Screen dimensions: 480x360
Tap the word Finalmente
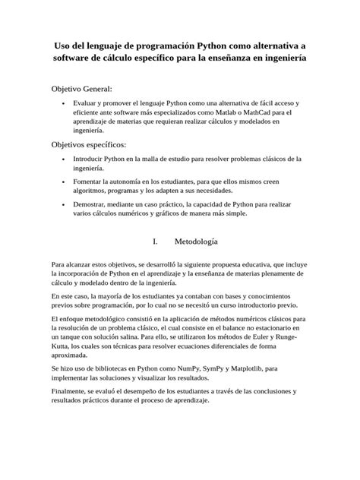pos(71,391)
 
